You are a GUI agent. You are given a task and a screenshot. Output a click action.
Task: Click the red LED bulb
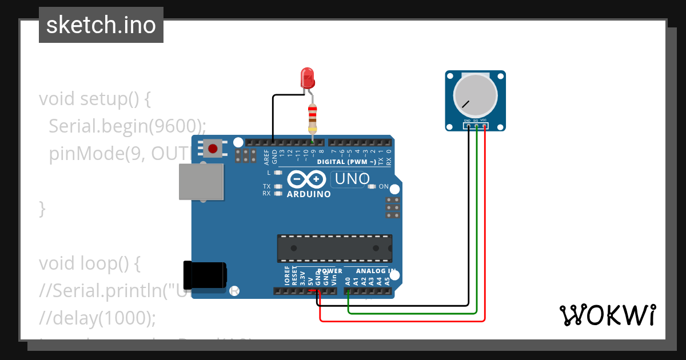(308, 77)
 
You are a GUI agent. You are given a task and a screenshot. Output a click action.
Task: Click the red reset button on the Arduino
(213, 149)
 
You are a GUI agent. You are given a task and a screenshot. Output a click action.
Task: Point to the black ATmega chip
(334, 247)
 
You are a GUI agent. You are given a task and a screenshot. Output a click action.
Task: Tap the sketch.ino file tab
(101, 25)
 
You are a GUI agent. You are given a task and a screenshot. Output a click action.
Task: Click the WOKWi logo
(607, 315)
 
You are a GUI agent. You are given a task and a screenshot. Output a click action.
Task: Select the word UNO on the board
(352, 179)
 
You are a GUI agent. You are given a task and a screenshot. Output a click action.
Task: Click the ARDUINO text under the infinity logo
(309, 194)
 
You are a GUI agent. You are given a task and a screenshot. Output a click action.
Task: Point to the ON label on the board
(384, 187)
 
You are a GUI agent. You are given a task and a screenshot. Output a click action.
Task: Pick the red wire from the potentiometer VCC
(485, 229)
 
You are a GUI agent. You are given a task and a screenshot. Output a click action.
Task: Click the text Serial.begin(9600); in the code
(127, 126)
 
